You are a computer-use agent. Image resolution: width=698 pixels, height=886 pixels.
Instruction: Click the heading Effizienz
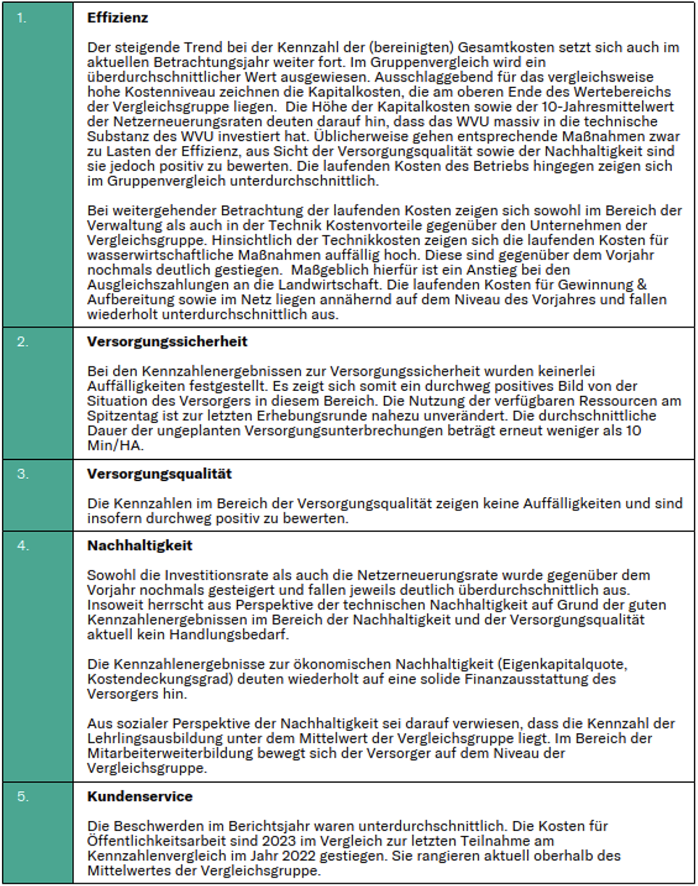(117, 17)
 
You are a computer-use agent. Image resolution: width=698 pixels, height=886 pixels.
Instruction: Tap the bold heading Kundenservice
(140, 796)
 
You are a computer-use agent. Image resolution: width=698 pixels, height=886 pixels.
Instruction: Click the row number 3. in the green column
(23, 474)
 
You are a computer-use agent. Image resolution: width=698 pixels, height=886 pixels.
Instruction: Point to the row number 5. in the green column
(23, 797)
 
